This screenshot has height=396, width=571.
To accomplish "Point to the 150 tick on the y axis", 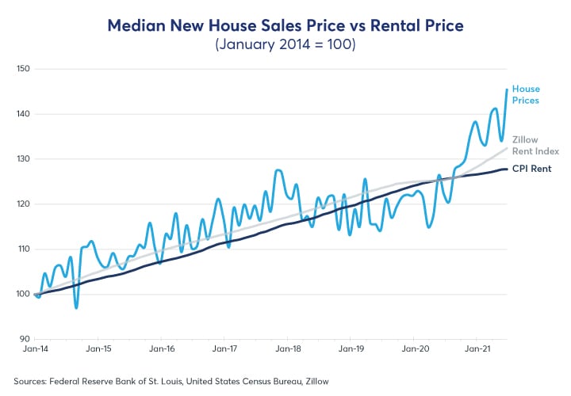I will pyautogui.click(x=22, y=69).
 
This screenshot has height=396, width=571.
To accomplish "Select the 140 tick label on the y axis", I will pyautogui.click(x=22, y=114).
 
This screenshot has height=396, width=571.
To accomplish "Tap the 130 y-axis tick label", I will pyautogui.click(x=22, y=159).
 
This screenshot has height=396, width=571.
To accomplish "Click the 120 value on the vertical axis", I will pyautogui.click(x=22, y=204).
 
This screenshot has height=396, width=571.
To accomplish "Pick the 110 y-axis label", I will pyautogui.click(x=22, y=249).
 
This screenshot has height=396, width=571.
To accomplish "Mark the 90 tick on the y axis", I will pyautogui.click(x=24, y=339).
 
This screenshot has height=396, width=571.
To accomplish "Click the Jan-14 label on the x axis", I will pyautogui.click(x=35, y=348).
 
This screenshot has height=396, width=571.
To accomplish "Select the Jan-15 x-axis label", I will pyautogui.click(x=98, y=348).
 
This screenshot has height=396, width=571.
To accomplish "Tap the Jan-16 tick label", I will pyautogui.click(x=162, y=348).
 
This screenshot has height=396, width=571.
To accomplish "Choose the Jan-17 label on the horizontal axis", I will pyautogui.click(x=224, y=348).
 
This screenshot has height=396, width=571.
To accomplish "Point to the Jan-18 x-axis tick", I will pyautogui.click(x=288, y=348).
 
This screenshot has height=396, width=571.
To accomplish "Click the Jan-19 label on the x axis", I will pyautogui.click(x=351, y=348).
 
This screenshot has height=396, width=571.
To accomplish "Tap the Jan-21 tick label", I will pyautogui.click(x=477, y=348).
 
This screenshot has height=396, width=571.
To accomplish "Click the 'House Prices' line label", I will pyautogui.click(x=526, y=95).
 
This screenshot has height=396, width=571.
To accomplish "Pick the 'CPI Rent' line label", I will pyautogui.click(x=531, y=169).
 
